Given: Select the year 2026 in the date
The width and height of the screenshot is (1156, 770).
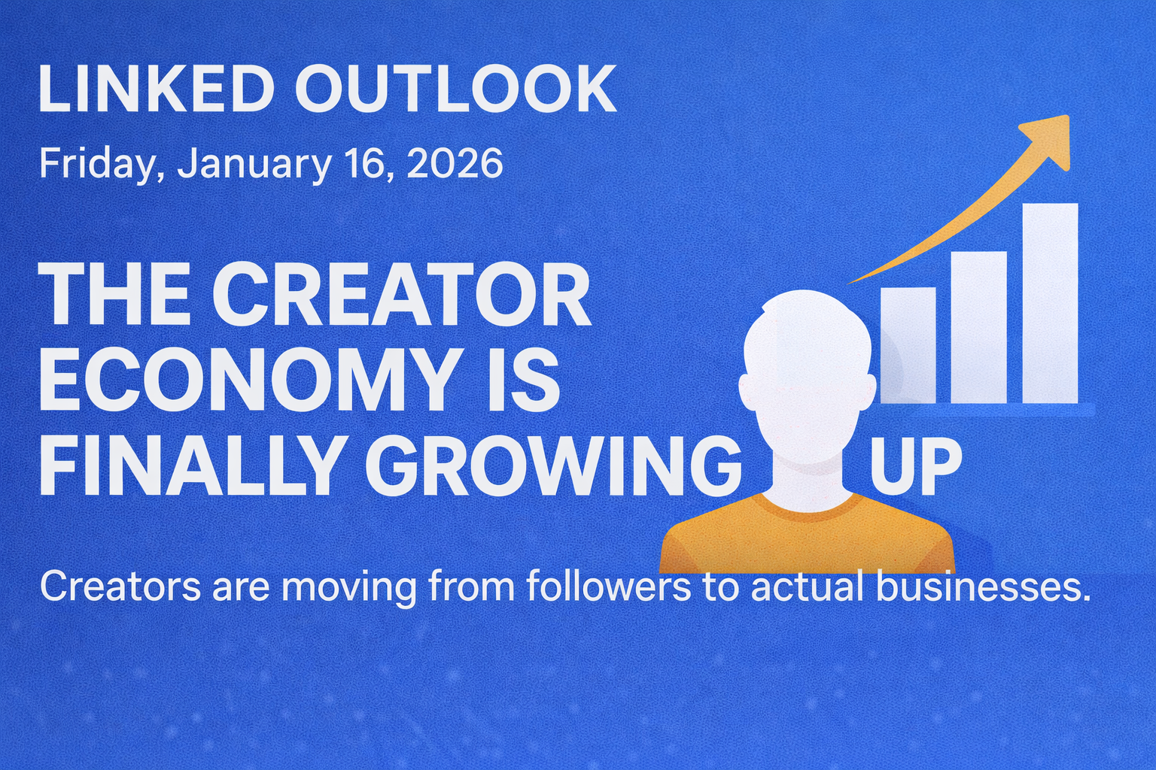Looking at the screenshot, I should click(x=454, y=163).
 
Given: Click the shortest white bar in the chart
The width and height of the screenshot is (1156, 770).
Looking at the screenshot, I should click(x=908, y=346).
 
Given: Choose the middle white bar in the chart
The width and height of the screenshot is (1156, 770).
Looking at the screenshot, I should click(x=978, y=327).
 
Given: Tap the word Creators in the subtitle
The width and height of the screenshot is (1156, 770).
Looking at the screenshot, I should click(x=120, y=587).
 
